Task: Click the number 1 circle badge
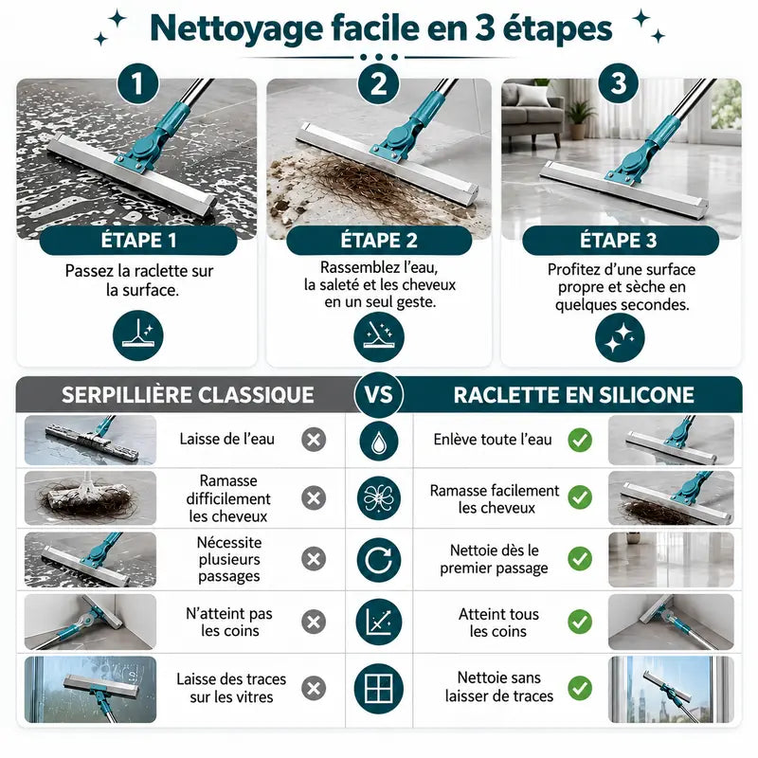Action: coord(138,83)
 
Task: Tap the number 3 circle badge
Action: coord(619,83)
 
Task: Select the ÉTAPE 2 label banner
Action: coord(379,241)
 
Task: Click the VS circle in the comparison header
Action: coord(379,394)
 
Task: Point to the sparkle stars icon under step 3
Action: coord(620,337)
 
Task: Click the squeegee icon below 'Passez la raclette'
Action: coord(138,335)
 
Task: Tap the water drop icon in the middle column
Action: coord(379,441)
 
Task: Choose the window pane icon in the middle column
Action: coord(379,688)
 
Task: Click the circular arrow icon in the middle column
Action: coord(379,560)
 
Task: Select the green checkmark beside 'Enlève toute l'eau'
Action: coord(580,440)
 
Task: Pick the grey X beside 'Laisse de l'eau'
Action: coord(314,440)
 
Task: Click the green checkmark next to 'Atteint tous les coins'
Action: coord(580,622)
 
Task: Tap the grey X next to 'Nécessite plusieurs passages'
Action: coord(314,559)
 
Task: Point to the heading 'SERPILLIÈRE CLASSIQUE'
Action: coord(188,395)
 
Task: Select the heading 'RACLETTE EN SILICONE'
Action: coord(574,395)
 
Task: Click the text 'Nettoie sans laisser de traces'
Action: coord(499,687)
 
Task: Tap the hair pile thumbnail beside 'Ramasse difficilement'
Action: coord(90,498)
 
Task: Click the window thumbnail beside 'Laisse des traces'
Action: coord(90,690)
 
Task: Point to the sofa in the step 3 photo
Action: coord(532,110)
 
